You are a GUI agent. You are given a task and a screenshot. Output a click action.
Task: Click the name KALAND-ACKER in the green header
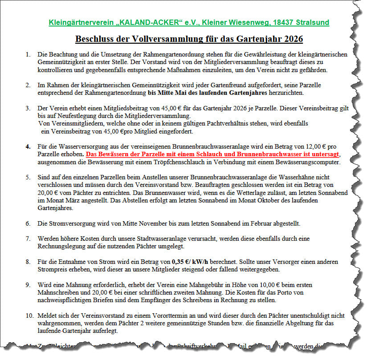coord(155,22)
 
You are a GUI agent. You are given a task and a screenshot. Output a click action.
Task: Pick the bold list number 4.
coord(28,146)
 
